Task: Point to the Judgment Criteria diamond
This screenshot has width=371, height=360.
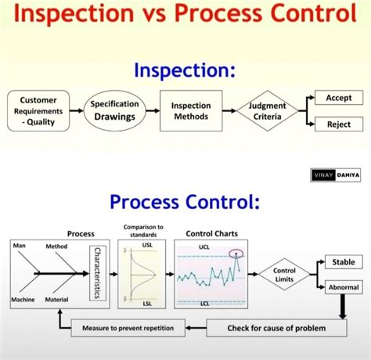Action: [267, 111]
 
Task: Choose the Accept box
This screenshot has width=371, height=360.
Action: [338, 98]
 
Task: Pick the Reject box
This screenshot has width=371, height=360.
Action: [338, 124]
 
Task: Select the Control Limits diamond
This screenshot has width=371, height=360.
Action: [283, 275]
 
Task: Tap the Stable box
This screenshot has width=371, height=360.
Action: [343, 262]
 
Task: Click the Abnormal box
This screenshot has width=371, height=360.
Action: [343, 287]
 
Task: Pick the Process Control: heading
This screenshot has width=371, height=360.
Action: [185, 202]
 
